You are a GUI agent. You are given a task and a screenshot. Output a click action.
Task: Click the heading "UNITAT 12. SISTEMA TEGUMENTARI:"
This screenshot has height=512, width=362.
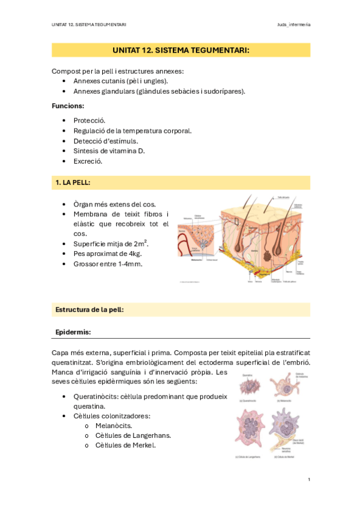coord(181,50)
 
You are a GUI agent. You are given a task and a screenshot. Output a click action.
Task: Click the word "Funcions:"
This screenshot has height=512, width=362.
coord(68,106)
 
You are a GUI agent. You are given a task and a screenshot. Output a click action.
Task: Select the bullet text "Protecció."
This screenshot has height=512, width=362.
coord(89,120)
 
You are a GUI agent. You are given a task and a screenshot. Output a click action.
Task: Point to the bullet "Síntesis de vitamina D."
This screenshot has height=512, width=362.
coord(109,151)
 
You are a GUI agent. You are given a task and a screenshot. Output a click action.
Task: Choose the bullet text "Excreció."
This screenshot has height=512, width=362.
coord(88,161)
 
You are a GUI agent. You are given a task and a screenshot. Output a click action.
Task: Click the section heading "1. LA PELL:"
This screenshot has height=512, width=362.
coord(73,182)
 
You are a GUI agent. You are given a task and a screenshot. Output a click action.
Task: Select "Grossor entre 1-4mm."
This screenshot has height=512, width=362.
coord(108,264)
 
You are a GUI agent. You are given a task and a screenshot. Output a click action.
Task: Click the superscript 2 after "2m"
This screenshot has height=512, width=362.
coord(146,242)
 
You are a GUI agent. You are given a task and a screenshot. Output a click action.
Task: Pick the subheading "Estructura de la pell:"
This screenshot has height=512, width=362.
coord(89,310)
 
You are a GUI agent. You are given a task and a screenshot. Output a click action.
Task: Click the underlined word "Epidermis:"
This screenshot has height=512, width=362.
coord(73,332)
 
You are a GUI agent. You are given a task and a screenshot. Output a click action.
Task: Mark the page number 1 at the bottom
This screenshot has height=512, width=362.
coord(309,479)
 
